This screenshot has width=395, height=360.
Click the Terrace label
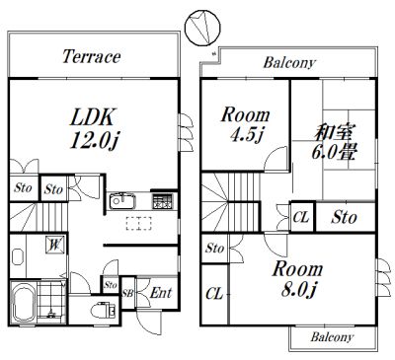pyautogui.click(x=92, y=56)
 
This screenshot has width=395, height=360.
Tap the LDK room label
pyautogui.click(x=93, y=116)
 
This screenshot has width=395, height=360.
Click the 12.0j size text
pyautogui.click(x=94, y=140)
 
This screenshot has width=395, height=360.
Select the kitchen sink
pyautogui.click(x=122, y=201)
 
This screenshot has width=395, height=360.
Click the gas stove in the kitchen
pyautogui.click(x=162, y=201)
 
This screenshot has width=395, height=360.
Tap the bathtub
pyautogui.click(x=24, y=302)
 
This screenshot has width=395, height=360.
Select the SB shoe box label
pyautogui.click(x=127, y=293)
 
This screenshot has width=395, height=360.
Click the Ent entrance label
pyautogui.click(x=161, y=293)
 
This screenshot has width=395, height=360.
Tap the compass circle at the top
pyautogui.click(x=202, y=28)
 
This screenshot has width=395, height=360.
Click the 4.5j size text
pyautogui.click(x=247, y=134)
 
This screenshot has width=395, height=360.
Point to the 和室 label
pyautogui.click(x=334, y=133)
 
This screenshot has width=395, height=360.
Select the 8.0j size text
pyautogui.click(x=298, y=290)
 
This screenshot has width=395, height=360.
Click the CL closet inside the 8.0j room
pyautogui.click(x=214, y=293)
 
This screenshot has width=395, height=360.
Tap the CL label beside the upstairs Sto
pyautogui.click(x=301, y=217)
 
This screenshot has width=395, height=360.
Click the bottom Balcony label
pyautogui.click(x=332, y=337)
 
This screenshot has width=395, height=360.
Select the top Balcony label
pyautogui.click(x=289, y=62)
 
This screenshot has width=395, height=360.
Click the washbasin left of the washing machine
pyautogui.click(x=18, y=256)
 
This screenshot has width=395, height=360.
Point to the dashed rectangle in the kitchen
pyautogui.click(x=139, y=223)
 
